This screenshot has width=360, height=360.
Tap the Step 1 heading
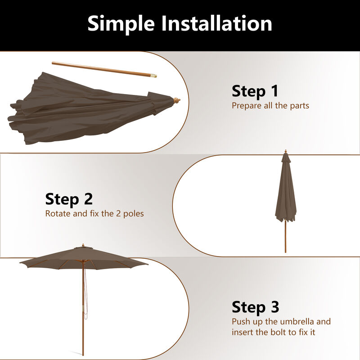(255, 91)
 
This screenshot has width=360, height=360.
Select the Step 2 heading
(69, 198)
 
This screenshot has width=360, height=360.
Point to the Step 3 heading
(255, 307)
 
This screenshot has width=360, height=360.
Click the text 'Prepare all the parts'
(270, 106)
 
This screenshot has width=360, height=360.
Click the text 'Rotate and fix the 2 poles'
(94, 213)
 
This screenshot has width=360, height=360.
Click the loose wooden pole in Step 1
(103, 69)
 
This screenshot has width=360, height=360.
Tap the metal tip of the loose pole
(154, 76)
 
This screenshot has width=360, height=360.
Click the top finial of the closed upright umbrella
(286, 153)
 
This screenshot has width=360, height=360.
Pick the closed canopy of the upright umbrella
(286, 193)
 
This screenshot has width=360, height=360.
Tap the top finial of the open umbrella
(83, 246)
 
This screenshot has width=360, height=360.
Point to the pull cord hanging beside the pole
(86, 292)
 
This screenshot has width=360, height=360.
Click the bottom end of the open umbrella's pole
(83, 353)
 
